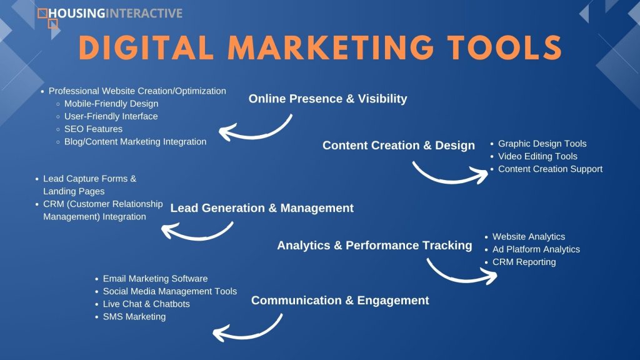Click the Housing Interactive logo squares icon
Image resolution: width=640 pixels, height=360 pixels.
click(x=47, y=19)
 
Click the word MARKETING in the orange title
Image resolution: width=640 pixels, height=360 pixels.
click(x=330, y=47)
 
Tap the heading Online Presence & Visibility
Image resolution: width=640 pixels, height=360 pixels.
click(x=327, y=99)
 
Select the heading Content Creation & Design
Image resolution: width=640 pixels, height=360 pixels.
click(x=398, y=146)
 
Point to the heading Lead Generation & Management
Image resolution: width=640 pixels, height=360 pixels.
click(x=262, y=208)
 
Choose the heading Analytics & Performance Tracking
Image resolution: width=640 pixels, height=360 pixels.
click(x=374, y=245)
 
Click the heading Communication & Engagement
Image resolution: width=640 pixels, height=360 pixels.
click(x=340, y=301)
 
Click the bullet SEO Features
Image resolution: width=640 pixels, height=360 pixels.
click(x=93, y=129)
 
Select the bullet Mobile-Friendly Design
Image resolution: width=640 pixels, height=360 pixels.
click(x=111, y=104)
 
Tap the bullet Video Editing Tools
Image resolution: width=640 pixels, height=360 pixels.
click(x=537, y=156)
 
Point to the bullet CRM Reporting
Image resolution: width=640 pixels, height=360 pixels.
click(x=524, y=262)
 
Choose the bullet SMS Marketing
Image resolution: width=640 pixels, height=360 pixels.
click(x=134, y=317)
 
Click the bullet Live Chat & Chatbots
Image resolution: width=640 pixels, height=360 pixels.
click(x=146, y=304)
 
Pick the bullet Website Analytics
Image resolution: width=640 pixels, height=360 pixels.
click(x=529, y=237)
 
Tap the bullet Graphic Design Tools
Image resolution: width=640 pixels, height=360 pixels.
click(x=542, y=144)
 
